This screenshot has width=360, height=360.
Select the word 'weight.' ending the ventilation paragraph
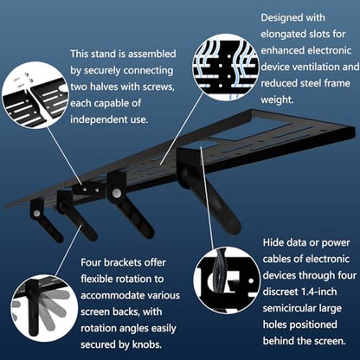click(277, 100)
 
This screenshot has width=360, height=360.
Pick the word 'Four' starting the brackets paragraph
click(91, 263)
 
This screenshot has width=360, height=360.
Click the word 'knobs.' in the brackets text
click(147, 344)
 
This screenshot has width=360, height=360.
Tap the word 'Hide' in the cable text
click(273, 242)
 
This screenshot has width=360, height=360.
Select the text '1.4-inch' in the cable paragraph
click(319, 292)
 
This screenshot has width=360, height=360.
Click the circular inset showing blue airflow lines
click(225, 67)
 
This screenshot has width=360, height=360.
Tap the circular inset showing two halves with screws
click(35, 95)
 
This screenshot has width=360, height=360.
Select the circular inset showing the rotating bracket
click(45, 308)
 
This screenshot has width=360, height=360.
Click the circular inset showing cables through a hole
click(227, 280)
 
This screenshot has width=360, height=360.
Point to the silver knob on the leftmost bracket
click(36, 213)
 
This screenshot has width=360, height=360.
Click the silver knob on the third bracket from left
click(116, 193)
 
